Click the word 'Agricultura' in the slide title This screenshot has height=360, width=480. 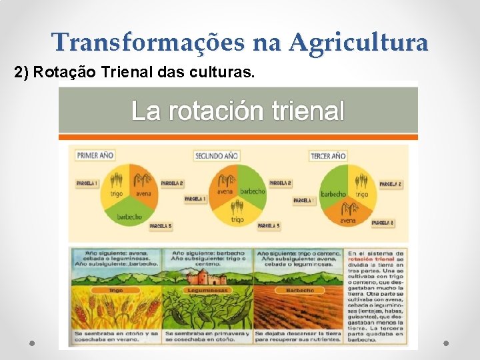(358, 43)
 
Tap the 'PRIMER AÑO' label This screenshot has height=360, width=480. (96, 155)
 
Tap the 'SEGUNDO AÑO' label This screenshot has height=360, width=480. (216, 155)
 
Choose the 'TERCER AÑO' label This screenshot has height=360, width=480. (328, 156)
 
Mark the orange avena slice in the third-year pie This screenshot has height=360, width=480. (347, 214)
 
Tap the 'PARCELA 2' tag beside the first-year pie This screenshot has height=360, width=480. (172, 183)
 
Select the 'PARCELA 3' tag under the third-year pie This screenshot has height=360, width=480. (382, 222)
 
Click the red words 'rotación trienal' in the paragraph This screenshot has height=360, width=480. (379, 260)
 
